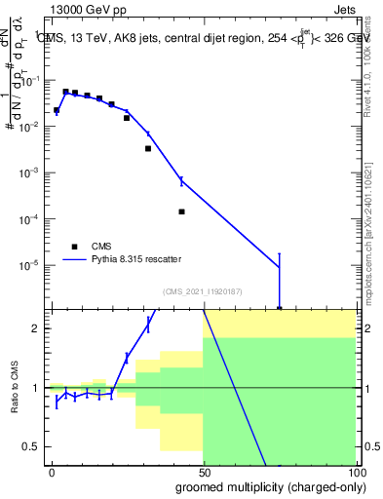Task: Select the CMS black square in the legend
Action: click(74, 247)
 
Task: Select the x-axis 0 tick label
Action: click(52, 473)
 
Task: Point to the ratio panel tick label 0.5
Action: click(35, 447)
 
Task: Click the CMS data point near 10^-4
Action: click(182, 211)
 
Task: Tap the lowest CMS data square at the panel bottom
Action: click(280, 309)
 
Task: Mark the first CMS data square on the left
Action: click(57, 110)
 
